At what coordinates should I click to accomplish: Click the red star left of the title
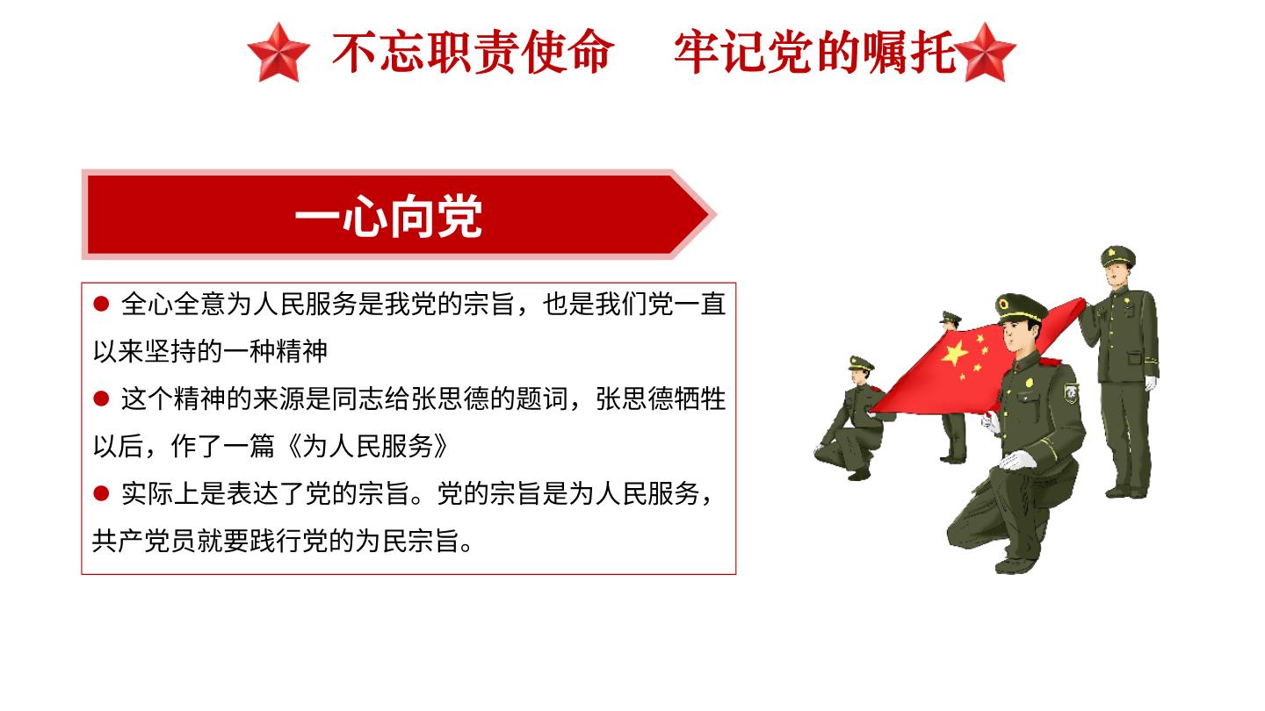pyautogui.click(x=278, y=52)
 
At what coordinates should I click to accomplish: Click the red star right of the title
pyautogui.click(x=985, y=52)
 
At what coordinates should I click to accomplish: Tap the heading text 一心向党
pyautogui.click(x=388, y=216)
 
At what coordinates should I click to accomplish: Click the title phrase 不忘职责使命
pyautogui.click(x=473, y=52)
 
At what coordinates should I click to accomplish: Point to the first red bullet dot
pyautogui.click(x=101, y=304)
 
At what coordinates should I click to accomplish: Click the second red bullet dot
pyautogui.click(x=101, y=399)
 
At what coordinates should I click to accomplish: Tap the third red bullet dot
pyautogui.click(x=101, y=493)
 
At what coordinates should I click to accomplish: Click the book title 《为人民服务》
pyautogui.click(x=368, y=446)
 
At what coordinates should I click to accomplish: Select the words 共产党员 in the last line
pyautogui.click(x=145, y=541)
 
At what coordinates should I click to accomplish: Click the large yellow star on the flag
pyautogui.click(x=954, y=353)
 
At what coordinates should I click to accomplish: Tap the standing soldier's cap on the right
pyautogui.click(x=1117, y=256)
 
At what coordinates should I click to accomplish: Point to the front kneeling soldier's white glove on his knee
pyautogui.click(x=1017, y=461)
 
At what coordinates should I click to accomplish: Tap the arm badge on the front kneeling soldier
pyautogui.click(x=1071, y=392)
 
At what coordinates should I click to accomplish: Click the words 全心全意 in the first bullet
pyautogui.click(x=173, y=304)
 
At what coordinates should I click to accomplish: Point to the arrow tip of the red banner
pyautogui.click(x=714, y=214)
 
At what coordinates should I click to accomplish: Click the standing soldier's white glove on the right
pyautogui.click(x=1151, y=384)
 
